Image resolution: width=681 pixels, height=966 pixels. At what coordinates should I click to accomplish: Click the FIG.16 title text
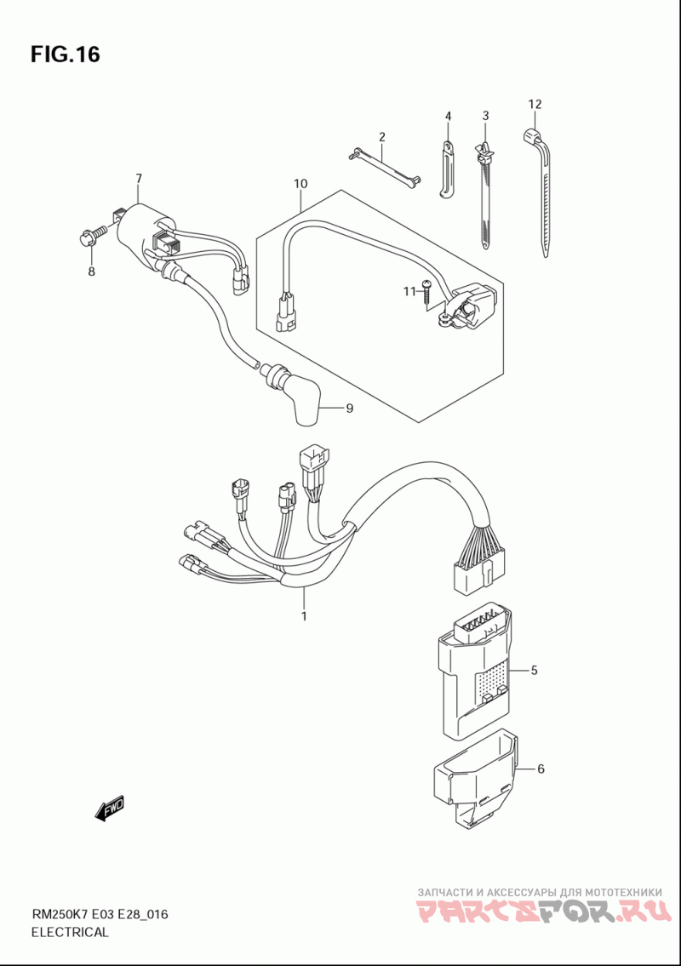pos(65,54)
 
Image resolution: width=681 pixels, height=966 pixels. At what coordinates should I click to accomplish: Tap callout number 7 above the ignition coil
pos(139,179)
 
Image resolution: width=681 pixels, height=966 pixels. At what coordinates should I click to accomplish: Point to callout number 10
pos(300,184)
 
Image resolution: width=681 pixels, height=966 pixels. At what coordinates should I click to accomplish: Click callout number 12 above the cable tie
pos(535,104)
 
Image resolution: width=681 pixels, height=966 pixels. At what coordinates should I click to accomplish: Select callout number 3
pos(485,115)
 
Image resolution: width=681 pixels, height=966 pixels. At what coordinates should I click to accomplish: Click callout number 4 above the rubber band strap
pos(448,115)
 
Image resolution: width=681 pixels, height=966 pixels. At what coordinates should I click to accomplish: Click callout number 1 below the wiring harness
pos(304,615)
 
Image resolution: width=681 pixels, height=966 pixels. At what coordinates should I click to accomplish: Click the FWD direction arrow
pos(110,808)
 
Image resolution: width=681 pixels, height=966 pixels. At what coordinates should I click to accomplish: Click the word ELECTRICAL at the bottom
pos(70,932)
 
